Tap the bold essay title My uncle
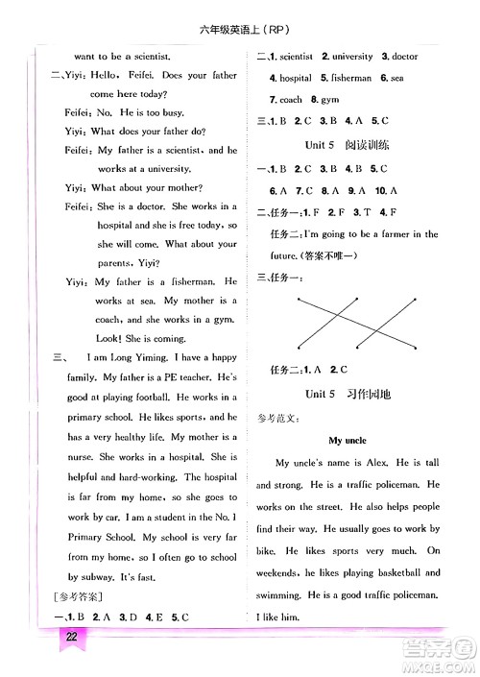point(348,441)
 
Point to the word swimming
point(281,595)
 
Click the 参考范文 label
point(279,418)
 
